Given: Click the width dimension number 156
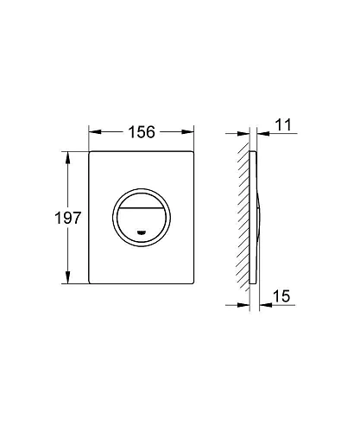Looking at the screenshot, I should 141,132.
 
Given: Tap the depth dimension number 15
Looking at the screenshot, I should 282,295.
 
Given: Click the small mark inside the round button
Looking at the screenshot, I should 142,231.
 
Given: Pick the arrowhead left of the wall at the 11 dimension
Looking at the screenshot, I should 243,134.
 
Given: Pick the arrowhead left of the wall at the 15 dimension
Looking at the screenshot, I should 243,303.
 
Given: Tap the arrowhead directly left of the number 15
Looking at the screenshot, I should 266,303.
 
